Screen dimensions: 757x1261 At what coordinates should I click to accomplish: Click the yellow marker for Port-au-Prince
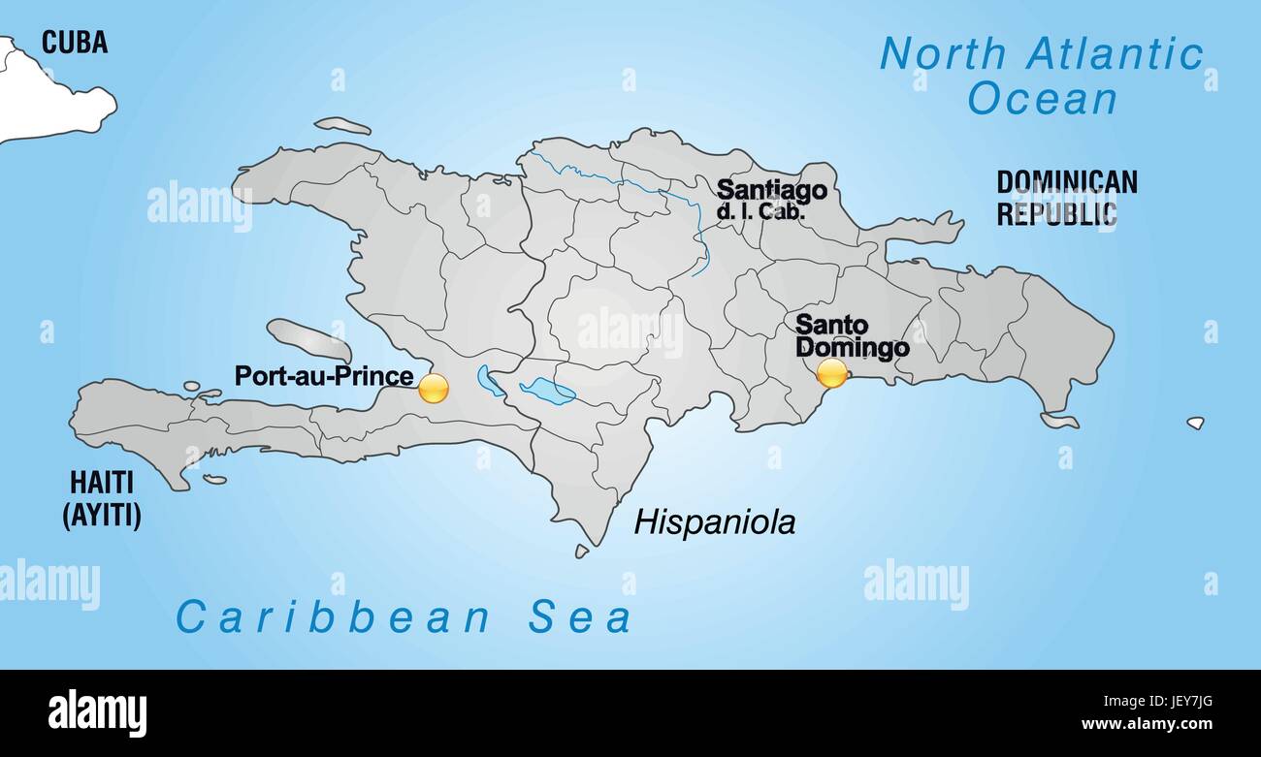click(434, 388)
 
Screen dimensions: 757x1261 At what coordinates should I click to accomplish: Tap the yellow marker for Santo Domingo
click(832, 373)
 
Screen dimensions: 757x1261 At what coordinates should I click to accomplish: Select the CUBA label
click(74, 43)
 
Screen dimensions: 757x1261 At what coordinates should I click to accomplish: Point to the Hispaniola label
click(715, 522)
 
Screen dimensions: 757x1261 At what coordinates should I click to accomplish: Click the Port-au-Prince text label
click(324, 376)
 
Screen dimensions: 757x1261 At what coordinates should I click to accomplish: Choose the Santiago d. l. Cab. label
click(771, 199)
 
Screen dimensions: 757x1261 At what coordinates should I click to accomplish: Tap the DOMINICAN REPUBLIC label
click(1066, 198)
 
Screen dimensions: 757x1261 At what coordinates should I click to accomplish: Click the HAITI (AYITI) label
click(102, 498)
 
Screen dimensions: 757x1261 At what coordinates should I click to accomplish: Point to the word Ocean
click(1043, 99)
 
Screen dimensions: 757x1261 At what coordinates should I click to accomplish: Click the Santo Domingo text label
click(851, 336)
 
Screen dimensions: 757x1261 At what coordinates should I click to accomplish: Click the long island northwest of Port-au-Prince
click(307, 339)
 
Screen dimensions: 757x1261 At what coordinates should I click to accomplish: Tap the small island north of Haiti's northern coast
click(341, 126)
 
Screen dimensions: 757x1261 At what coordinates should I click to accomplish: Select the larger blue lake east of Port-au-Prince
click(547, 391)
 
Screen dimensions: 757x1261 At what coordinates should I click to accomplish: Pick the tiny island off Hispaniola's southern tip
click(581, 551)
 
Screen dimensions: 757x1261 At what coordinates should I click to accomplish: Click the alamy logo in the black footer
click(97, 712)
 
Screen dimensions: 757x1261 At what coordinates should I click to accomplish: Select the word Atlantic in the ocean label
click(1115, 54)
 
